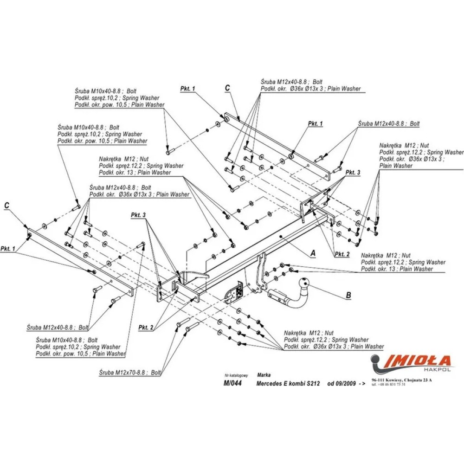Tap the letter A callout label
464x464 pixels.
tap(313, 253)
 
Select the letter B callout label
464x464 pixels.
tap(348, 295)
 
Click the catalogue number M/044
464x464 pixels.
tap(232, 383)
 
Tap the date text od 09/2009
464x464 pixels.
tap(342, 384)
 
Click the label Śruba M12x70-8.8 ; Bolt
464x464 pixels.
tap(130, 372)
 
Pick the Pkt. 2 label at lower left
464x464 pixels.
tap(146, 328)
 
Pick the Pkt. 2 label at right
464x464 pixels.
tap(342, 254)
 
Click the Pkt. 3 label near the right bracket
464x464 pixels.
tap(352, 173)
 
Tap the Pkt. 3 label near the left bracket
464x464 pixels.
tap(138, 215)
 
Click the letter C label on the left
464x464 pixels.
tap(6, 205)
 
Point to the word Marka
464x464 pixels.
tap(264, 374)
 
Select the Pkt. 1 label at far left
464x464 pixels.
tap(7, 249)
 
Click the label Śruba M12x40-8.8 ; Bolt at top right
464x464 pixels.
tap(389, 124)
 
